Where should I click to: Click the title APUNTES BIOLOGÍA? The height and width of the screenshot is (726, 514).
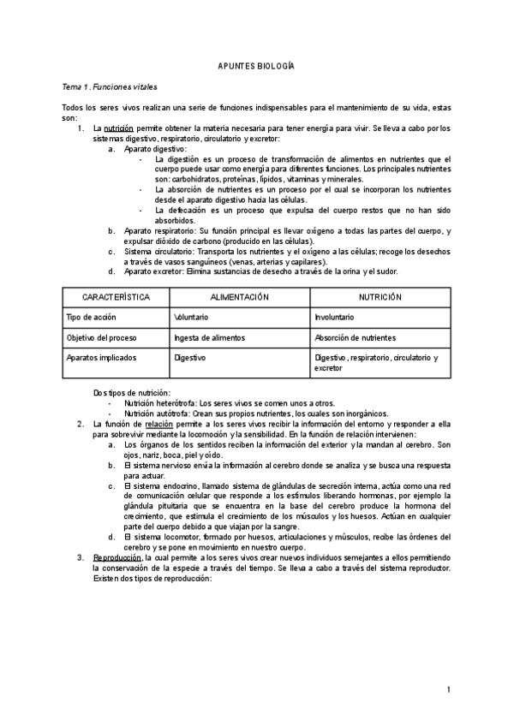pos(256,66)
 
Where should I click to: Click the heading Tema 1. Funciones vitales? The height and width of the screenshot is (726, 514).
pos(109,87)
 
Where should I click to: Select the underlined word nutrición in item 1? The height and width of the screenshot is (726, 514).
pos(118,129)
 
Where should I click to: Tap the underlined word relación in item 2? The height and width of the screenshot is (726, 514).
pos(159,424)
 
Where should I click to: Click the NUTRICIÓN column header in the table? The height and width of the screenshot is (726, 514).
pos(380,296)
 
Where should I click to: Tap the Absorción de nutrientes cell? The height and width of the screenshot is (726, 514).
pos(356,337)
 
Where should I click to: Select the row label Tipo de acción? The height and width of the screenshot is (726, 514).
pos(92,317)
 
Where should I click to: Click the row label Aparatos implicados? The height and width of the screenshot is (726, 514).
pos(100,358)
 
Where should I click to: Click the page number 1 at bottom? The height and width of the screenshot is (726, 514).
pos(448,689)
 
